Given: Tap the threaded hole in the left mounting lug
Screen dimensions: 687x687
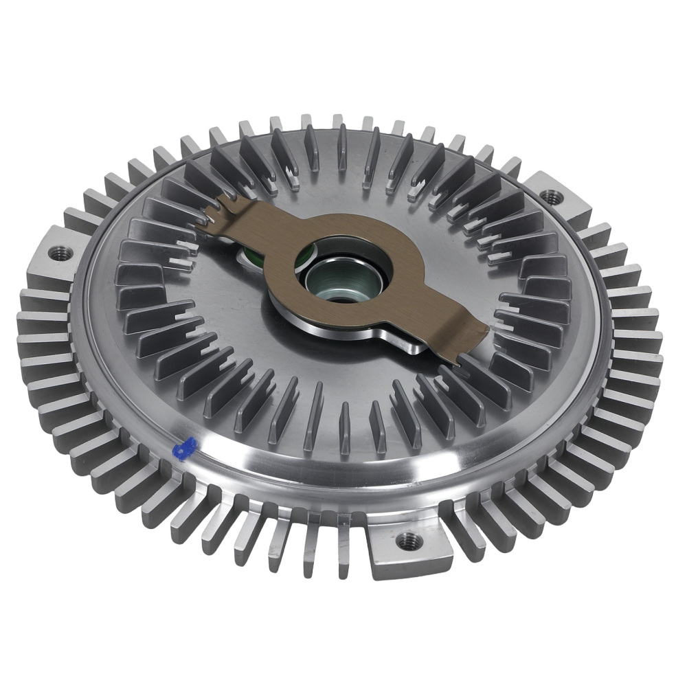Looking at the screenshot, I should (x=58, y=254).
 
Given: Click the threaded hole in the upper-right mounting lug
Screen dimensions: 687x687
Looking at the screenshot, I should (x=550, y=197).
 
